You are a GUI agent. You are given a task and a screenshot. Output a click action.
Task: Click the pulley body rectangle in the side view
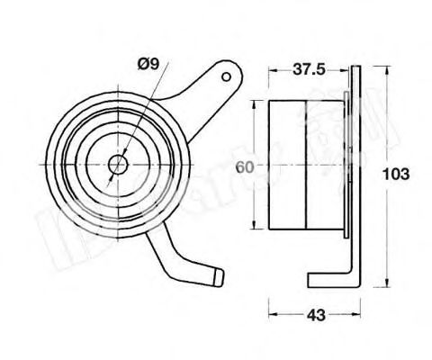click(306, 166)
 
